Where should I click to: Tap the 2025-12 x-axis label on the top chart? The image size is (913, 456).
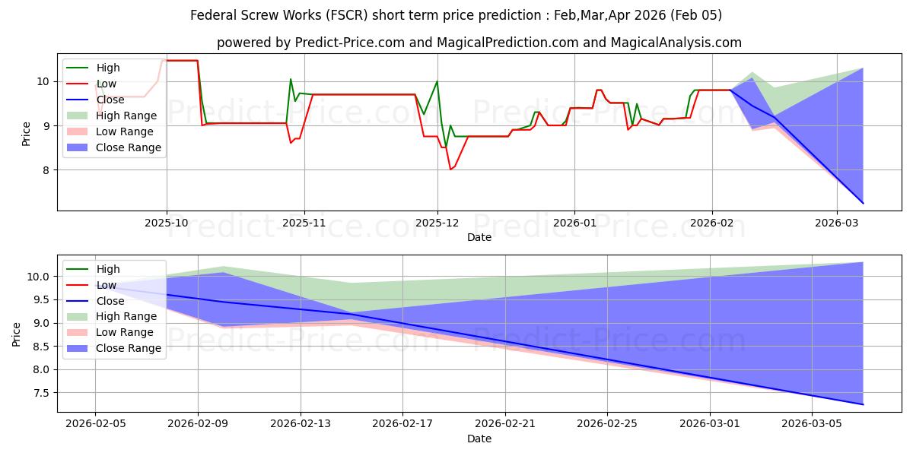(437, 223)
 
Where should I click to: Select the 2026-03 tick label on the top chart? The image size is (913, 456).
(837, 223)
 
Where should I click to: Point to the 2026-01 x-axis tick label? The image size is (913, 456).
(574, 223)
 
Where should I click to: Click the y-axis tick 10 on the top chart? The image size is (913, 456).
(43, 82)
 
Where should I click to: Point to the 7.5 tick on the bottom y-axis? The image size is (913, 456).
(40, 393)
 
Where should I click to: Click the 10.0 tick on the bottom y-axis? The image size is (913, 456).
(38, 277)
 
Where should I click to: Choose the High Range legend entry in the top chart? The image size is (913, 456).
(126, 116)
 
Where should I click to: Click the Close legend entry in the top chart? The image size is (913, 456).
(111, 100)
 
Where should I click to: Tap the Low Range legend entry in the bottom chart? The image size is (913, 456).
(125, 332)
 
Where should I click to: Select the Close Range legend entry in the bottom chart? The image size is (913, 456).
(128, 348)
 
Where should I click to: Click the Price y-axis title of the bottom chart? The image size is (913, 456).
(17, 334)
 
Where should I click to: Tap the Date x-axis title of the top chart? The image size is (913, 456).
(479, 237)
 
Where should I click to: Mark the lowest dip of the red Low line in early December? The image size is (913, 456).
(450, 169)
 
